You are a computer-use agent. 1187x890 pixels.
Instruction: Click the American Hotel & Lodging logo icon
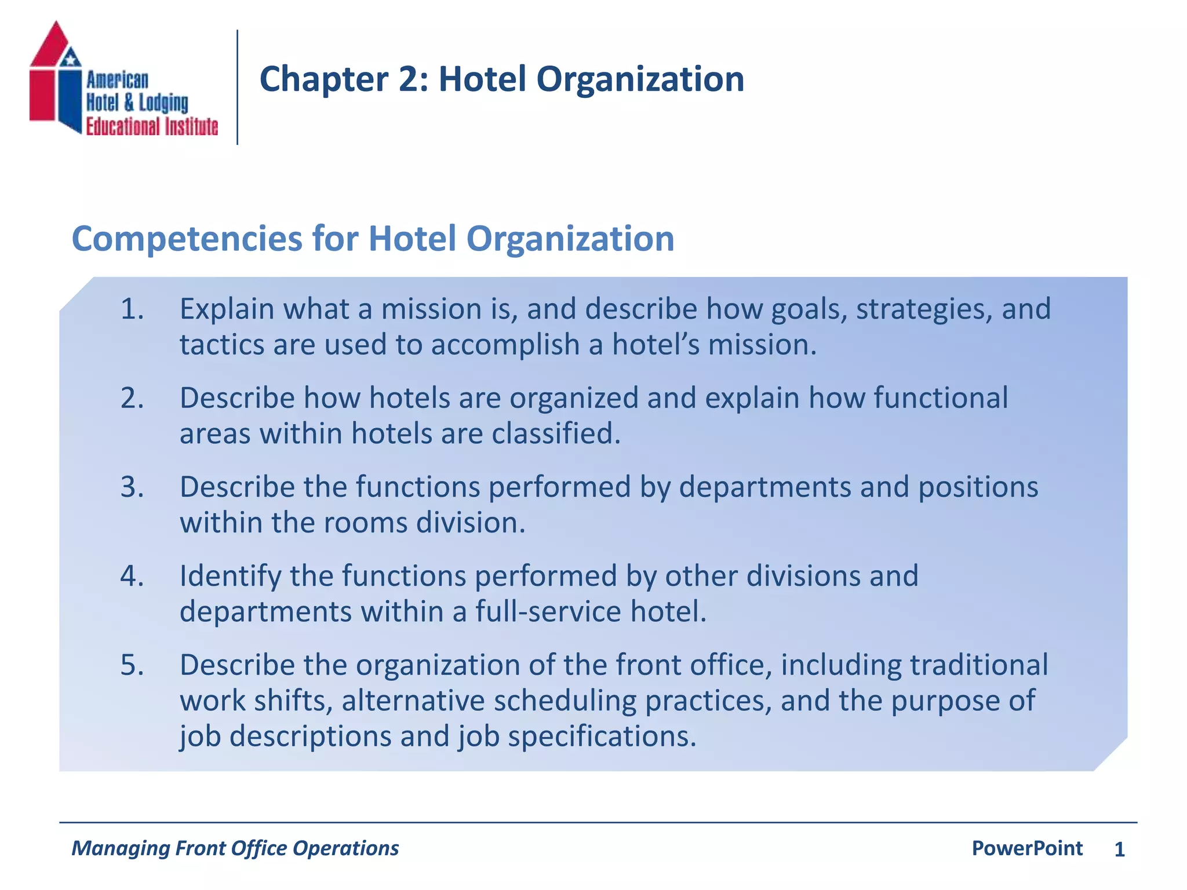point(56,78)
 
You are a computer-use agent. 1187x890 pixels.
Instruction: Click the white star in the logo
point(70,59)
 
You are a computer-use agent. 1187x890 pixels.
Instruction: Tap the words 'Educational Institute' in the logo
point(152,126)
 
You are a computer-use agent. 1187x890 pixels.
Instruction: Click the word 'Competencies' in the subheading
point(187,238)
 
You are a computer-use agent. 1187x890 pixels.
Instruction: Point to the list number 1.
point(132,309)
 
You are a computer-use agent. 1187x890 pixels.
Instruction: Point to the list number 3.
point(132,487)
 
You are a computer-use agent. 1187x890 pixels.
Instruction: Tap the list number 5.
point(132,665)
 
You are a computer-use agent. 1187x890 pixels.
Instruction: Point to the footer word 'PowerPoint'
point(1027,848)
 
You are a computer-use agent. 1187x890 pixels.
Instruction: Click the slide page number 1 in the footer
point(1119,849)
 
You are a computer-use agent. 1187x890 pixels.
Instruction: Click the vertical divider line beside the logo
point(238,87)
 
